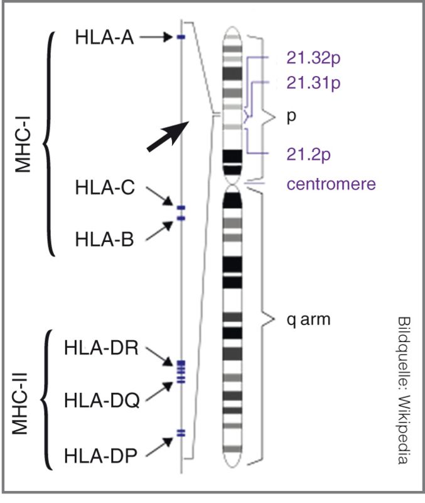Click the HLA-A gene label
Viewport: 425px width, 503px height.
point(104,38)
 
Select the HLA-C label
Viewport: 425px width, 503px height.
point(104,187)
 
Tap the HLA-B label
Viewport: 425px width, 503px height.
point(104,240)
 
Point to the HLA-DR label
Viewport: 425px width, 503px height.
point(100,348)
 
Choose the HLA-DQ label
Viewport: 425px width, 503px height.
point(100,398)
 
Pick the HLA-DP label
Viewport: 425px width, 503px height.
point(100,455)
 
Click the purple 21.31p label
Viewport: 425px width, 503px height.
point(311,82)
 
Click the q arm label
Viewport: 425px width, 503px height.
point(309,319)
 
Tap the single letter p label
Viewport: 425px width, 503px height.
point(291,118)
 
